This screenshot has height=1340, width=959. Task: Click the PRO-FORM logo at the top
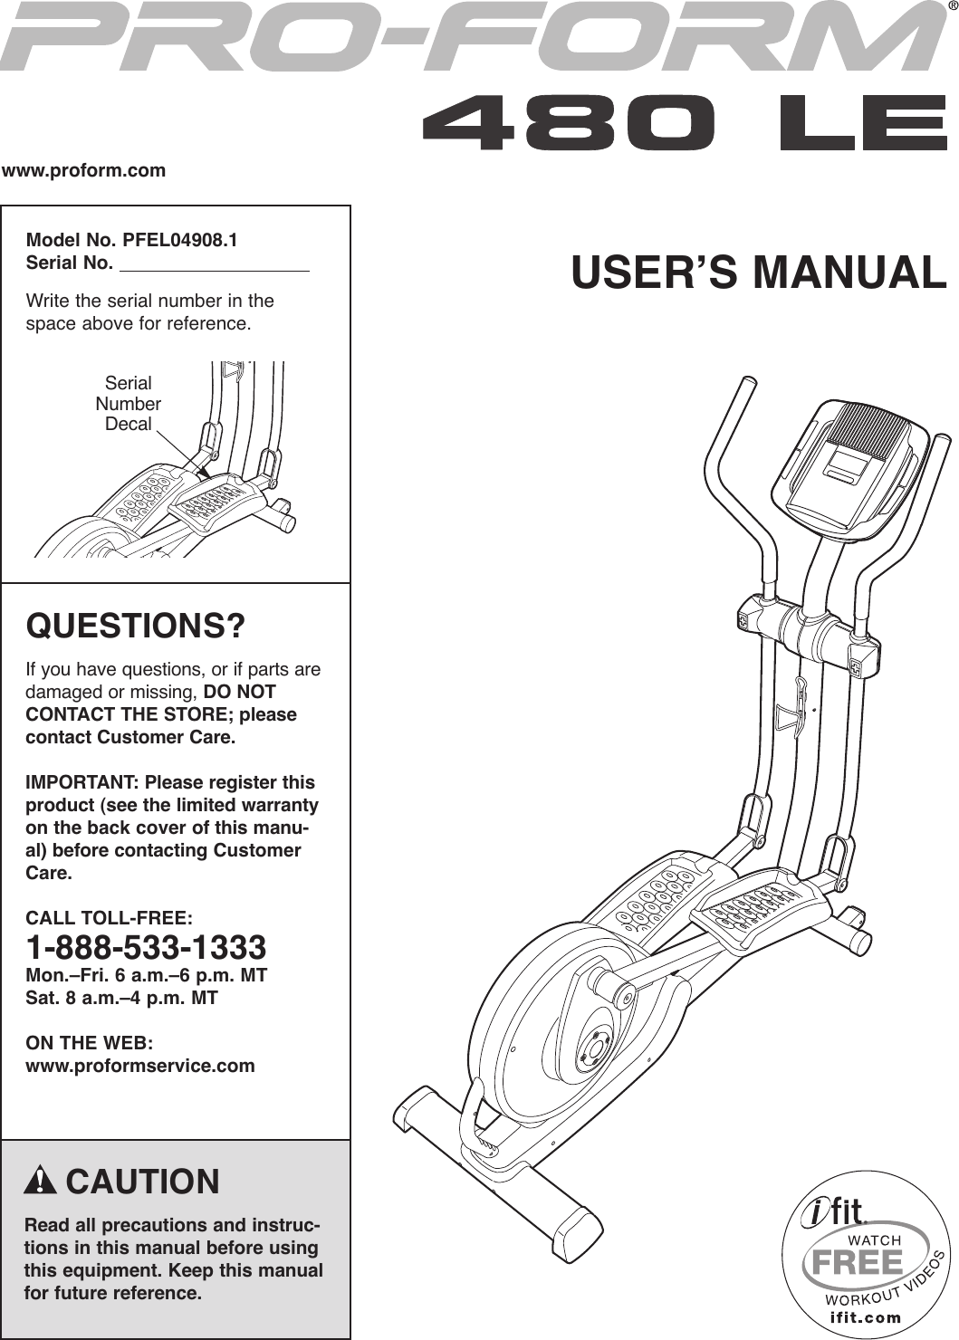coord(471,38)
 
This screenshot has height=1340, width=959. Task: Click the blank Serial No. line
coord(214,264)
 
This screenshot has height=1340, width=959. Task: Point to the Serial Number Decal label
coord(129,404)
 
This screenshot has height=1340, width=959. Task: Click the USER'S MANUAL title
coord(758,273)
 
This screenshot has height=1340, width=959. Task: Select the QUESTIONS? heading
coord(136,626)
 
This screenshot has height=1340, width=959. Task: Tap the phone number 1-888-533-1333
coord(146,948)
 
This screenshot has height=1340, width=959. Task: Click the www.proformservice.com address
coord(140,1066)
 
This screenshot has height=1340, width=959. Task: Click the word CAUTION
coord(142,1182)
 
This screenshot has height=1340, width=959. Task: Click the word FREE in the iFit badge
coord(857,1261)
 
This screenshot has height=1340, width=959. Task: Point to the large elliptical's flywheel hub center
coord(594,1050)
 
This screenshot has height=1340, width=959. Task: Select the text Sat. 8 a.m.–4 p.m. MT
coord(121,998)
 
